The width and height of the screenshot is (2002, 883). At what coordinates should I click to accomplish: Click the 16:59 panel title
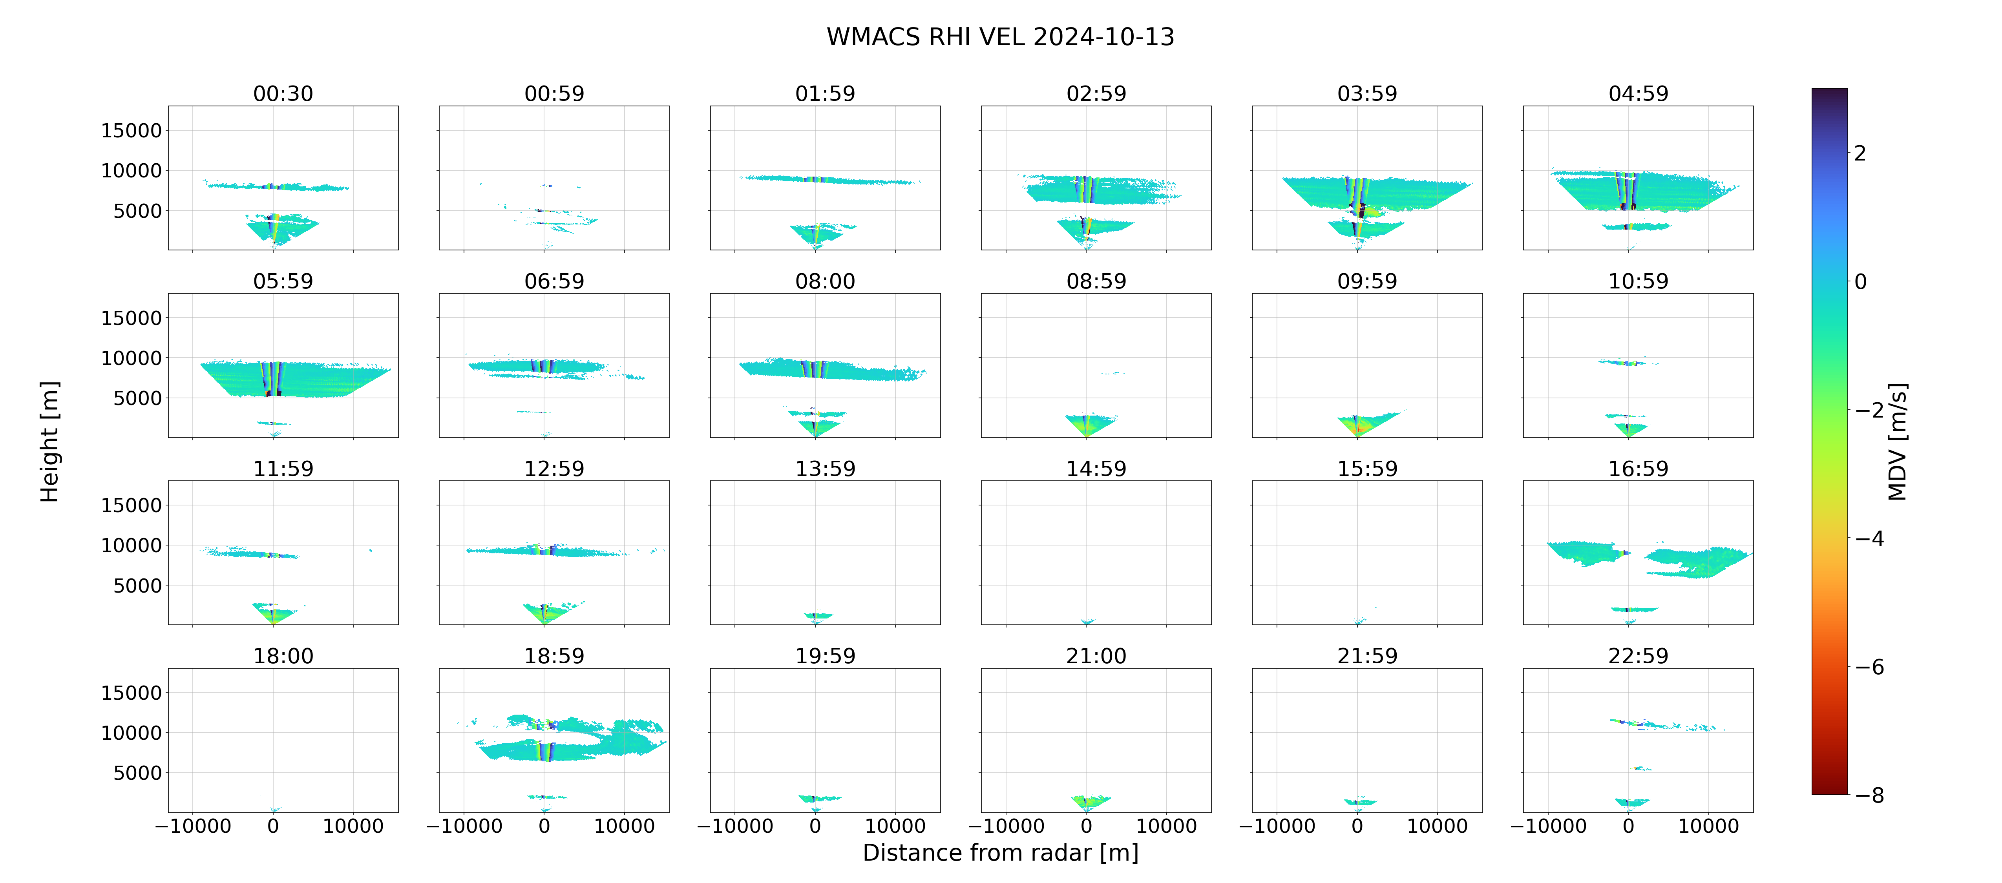[1638, 469]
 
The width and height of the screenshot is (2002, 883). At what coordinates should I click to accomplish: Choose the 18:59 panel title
[554, 656]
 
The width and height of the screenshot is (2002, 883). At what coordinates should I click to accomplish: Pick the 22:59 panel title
[1638, 656]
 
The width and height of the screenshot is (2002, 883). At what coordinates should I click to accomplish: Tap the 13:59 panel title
[826, 469]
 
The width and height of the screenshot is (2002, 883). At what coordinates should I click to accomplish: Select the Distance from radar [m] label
[1000, 853]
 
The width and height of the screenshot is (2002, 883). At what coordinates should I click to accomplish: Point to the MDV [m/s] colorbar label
[1897, 441]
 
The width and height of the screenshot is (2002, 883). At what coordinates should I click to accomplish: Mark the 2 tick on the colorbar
[1860, 153]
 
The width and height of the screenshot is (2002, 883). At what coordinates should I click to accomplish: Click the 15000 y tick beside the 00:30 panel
[132, 131]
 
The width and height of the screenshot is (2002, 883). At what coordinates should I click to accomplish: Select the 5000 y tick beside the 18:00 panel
[137, 773]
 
